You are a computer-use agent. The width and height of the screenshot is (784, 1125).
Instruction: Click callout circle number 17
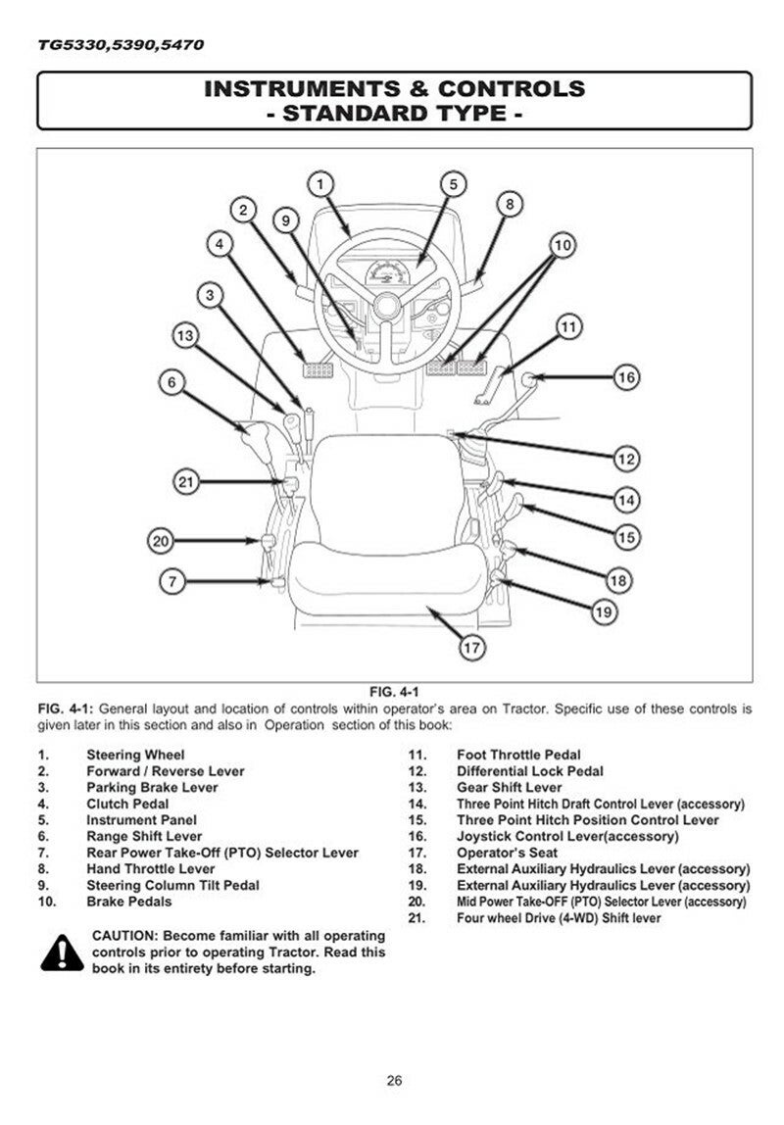coord(472,647)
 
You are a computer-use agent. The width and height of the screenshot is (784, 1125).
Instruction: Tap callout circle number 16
coord(626,377)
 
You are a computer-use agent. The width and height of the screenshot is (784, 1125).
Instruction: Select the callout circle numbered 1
coord(321,182)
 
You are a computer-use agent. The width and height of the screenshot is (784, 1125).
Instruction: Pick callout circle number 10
coord(561,244)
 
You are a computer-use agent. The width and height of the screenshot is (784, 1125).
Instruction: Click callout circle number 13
coord(184,335)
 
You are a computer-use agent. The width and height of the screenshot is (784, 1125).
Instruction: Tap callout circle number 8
coord(510,204)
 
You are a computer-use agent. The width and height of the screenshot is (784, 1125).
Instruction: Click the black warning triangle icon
coord(62,953)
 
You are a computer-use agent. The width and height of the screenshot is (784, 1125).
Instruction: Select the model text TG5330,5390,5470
coord(122,45)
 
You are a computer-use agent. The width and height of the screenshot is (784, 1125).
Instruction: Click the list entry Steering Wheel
coord(135,756)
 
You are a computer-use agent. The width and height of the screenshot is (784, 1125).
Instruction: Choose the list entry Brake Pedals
coord(129,902)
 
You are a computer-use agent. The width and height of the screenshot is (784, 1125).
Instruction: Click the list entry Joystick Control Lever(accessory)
coord(567,836)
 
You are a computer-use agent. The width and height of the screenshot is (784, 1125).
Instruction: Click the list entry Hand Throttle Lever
coord(151,868)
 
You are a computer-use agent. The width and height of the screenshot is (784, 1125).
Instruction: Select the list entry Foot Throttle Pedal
coord(518,756)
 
